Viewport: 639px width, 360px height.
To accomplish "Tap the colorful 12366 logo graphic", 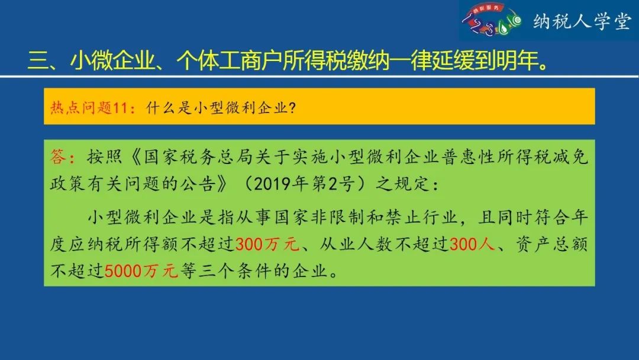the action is coord(492,20).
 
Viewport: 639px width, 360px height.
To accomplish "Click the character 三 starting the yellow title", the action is coord(38,61).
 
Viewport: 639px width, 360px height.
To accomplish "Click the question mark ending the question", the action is coord(291,108).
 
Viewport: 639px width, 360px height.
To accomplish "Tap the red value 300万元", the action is coord(267,244).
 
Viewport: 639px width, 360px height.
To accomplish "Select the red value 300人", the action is coord(472,244).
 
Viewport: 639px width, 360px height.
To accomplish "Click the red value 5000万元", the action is coord(141,271).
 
